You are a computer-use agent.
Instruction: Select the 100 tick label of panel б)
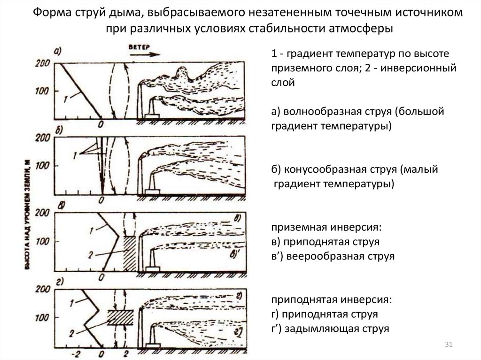click(44, 166)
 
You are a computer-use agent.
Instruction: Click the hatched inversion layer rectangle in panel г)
click(121, 317)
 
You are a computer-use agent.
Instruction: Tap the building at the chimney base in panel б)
click(151, 191)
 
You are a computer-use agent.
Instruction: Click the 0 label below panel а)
click(101, 124)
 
